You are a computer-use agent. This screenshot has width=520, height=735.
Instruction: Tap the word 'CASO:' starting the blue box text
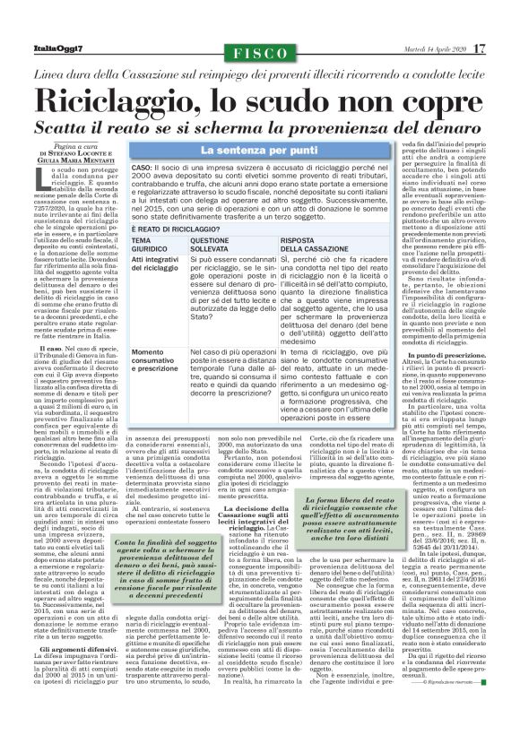click(x=142, y=169)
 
